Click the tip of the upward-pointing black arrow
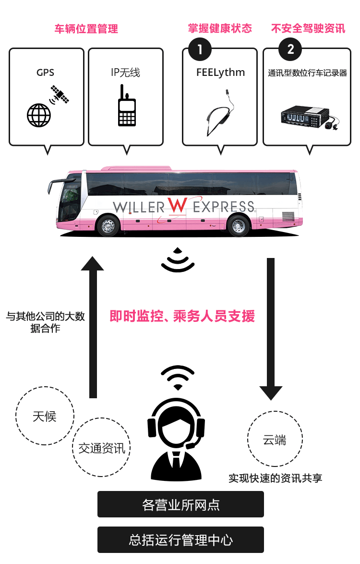pyautogui.click(x=92, y=257)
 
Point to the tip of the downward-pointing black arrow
pyautogui.click(x=271, y=400)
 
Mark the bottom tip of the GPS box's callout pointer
pyautogui.click(x=48, y=155)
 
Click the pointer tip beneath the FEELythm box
pyautogui.click(x=221, y=155)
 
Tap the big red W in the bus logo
pyautogui.click(x=178, y=206)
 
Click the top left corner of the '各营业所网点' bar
pyautogui.click(x=98, y=491)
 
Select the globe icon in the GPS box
pyautogui.click(x=39, y=115)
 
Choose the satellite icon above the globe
pyautogui.click(x=60, y=94)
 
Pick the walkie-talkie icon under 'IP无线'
pyautogui.click(x=126, y=105)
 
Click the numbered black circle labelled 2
pyautogui.click(x=290, y=49)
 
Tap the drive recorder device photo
pyautogui.click(x=309, y=117)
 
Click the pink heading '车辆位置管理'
pyautogui.click(x=86, y=29)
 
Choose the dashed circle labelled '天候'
pyautogui.click(x=45, y=416)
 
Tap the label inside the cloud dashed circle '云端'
pyautogui.click(x=275, y=440)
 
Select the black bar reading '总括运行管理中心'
pyautogui.click(x=180, y=539)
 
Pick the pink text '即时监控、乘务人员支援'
pyautogui.click(x=182, y=316)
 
